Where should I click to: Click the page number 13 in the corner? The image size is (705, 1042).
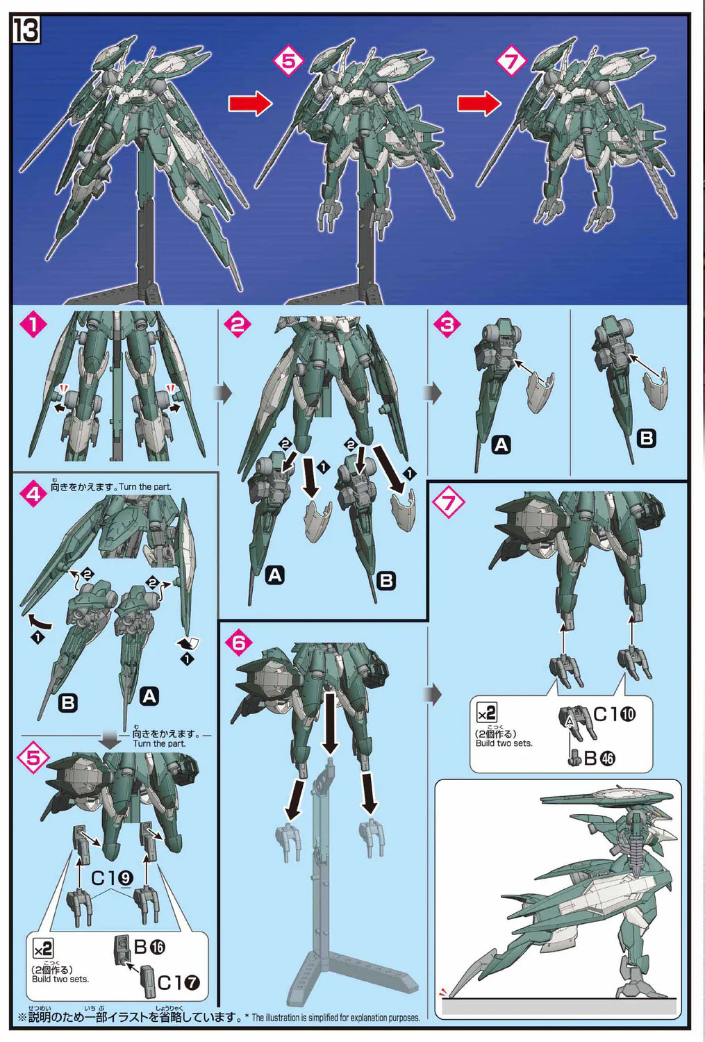coord(26,31)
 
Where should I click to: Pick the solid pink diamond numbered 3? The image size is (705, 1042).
coord(447,324)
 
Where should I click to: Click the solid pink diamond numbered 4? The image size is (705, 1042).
coord(34,494)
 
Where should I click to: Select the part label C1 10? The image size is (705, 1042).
coord(615,714)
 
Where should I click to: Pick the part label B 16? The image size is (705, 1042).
coord(149,947)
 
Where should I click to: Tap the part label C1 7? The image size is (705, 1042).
coord(179,982)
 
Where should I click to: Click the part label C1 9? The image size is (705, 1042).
coord(113,877)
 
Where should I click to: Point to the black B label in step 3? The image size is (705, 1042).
coord(647,438)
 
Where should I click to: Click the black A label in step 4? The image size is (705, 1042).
coord(149,696)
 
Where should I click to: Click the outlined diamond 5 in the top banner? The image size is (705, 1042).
coord(288,61)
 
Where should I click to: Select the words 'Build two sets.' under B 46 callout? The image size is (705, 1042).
coord(504,743)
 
